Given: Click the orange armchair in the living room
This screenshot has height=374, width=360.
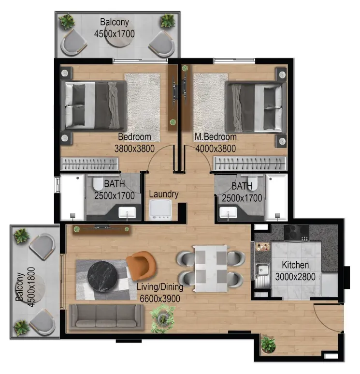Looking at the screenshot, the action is tap(141, 265).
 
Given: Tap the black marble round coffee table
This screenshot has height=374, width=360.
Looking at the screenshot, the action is tap(103, 277).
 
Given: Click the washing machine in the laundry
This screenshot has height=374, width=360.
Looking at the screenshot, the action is tap(160, 209).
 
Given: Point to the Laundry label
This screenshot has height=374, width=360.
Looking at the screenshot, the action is tap(164, 194).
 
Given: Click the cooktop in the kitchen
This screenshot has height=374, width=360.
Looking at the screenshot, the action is tap(296, 233).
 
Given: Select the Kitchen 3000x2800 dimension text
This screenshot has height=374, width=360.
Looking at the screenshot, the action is tap(295, 271).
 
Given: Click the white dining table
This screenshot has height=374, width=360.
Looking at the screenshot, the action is tap(210, 269).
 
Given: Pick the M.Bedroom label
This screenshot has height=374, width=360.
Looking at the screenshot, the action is tap(216, 137).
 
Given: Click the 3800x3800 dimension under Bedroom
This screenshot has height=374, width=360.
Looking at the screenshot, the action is tap(134, 149).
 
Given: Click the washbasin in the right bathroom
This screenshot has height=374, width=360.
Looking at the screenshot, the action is tap(228, 212).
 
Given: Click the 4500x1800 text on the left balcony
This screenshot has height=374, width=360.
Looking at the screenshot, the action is tap(31, 287).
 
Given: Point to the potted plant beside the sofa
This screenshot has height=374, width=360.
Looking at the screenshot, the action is tap(163, 318).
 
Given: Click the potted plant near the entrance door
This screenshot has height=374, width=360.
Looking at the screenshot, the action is tap(268, 344).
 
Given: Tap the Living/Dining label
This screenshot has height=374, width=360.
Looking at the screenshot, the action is tap(160, 287).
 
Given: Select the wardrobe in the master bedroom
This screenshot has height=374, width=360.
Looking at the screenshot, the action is tap(250, 163).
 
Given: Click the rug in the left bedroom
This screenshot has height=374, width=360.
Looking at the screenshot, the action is tap(142, 107).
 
